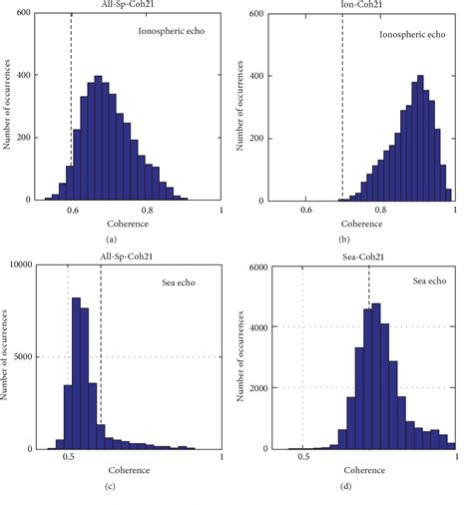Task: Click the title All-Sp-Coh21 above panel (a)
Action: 126,5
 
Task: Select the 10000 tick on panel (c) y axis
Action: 21,264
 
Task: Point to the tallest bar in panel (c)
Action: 76,372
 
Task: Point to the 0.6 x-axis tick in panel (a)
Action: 73,212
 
